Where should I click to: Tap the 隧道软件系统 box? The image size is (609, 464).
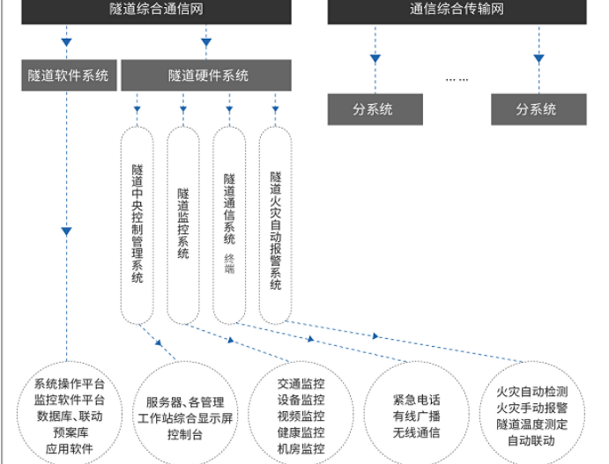(x=70, y=76)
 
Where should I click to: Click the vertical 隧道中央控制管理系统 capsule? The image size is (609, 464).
(x=137, y=225)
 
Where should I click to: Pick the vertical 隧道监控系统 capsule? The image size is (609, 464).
(x=183, y=225)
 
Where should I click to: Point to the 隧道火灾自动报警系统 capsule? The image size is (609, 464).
(x=276, y=225)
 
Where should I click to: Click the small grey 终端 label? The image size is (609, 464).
(x=229, y=263)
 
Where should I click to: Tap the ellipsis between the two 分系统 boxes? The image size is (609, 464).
(x=457, y=80)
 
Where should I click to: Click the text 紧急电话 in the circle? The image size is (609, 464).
(x=416, y=399)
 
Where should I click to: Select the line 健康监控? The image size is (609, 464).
(x=301, y=432)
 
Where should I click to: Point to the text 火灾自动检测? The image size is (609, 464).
(x=531, y=391)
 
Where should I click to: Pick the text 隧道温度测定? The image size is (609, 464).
(x=531, y=423)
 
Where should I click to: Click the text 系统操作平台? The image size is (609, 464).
(x=70, y=384)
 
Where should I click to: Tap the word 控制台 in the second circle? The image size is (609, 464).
(x=185, y=434)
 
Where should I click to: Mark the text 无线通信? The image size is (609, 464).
(x=416, y=432)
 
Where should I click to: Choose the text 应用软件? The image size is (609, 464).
(x=70, y=450)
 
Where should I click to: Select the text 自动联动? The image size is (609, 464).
(x=531, y=440)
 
